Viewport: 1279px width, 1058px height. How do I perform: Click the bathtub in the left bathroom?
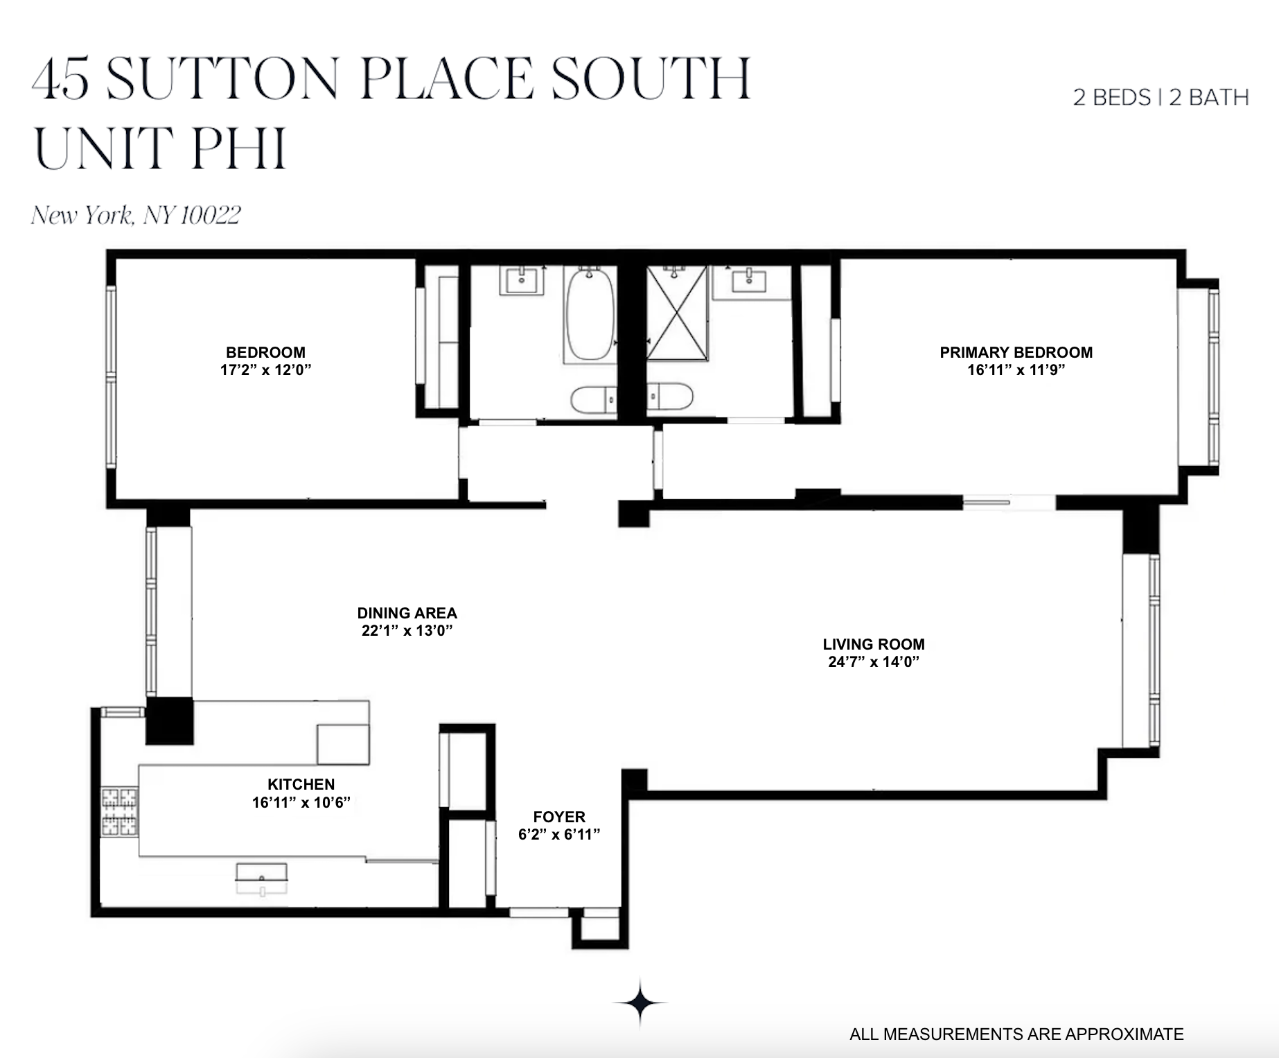tap(590, 315)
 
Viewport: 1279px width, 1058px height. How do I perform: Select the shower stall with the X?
tap(677, 313)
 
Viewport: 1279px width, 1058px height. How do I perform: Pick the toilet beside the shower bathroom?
tap(670, 398)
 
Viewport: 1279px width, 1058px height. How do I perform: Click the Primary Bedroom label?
tap(1016, 352)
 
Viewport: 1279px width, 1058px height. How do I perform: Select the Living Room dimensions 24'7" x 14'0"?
tap(873, 661)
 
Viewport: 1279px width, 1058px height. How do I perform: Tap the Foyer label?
tap(559, 817)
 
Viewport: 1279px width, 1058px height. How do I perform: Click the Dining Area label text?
tap(407, 613)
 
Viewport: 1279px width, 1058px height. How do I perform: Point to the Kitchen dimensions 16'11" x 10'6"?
tap(301, 802)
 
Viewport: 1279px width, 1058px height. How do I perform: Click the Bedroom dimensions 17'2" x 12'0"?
tap(265, 370)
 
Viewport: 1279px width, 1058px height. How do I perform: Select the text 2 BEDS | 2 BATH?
tap(1161, 97)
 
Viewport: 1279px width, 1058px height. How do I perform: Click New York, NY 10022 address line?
tap(136, 215)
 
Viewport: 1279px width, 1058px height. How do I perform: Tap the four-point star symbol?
tap(640, 1003)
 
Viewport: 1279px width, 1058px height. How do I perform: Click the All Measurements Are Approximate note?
tap(1016, 1034)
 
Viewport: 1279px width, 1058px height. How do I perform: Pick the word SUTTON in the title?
tap(222, 78)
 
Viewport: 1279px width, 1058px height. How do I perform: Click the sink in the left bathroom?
tap(522, 281)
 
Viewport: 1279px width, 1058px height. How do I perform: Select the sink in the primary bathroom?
tap(749, 281)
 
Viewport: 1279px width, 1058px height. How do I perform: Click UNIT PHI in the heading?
tap(160, 148)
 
